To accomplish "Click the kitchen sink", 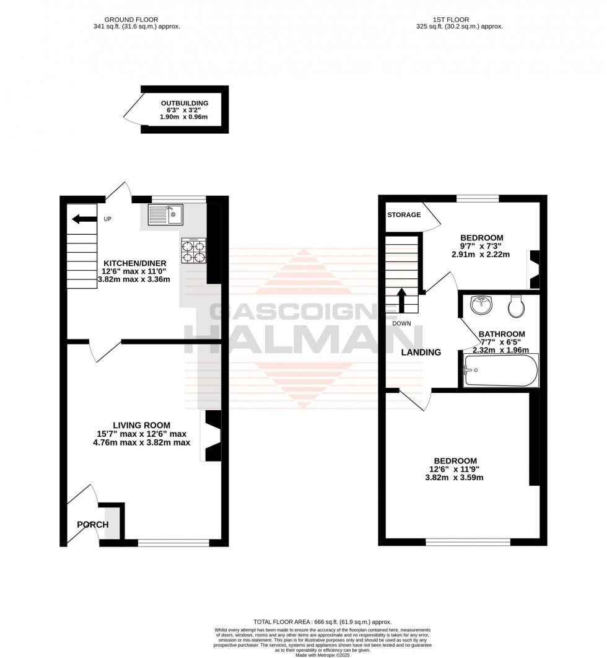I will tap(165, 214).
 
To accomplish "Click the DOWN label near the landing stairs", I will tap(402, 323).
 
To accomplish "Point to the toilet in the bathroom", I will tap(516, 305).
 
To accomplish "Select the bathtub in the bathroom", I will tap(501, 370).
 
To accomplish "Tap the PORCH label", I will tap(93, 525).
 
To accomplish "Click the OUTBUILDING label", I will tap(185, 103).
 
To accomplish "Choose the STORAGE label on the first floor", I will tap(404, 215).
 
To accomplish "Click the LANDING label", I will tap(421, 353).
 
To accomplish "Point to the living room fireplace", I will tap(212, 436).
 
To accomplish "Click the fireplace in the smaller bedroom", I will tap(533, 270).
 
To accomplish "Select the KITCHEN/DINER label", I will tap(134, 263).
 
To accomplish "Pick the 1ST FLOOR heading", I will tap(459, 19).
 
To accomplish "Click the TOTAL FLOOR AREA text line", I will tap(322, 621).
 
